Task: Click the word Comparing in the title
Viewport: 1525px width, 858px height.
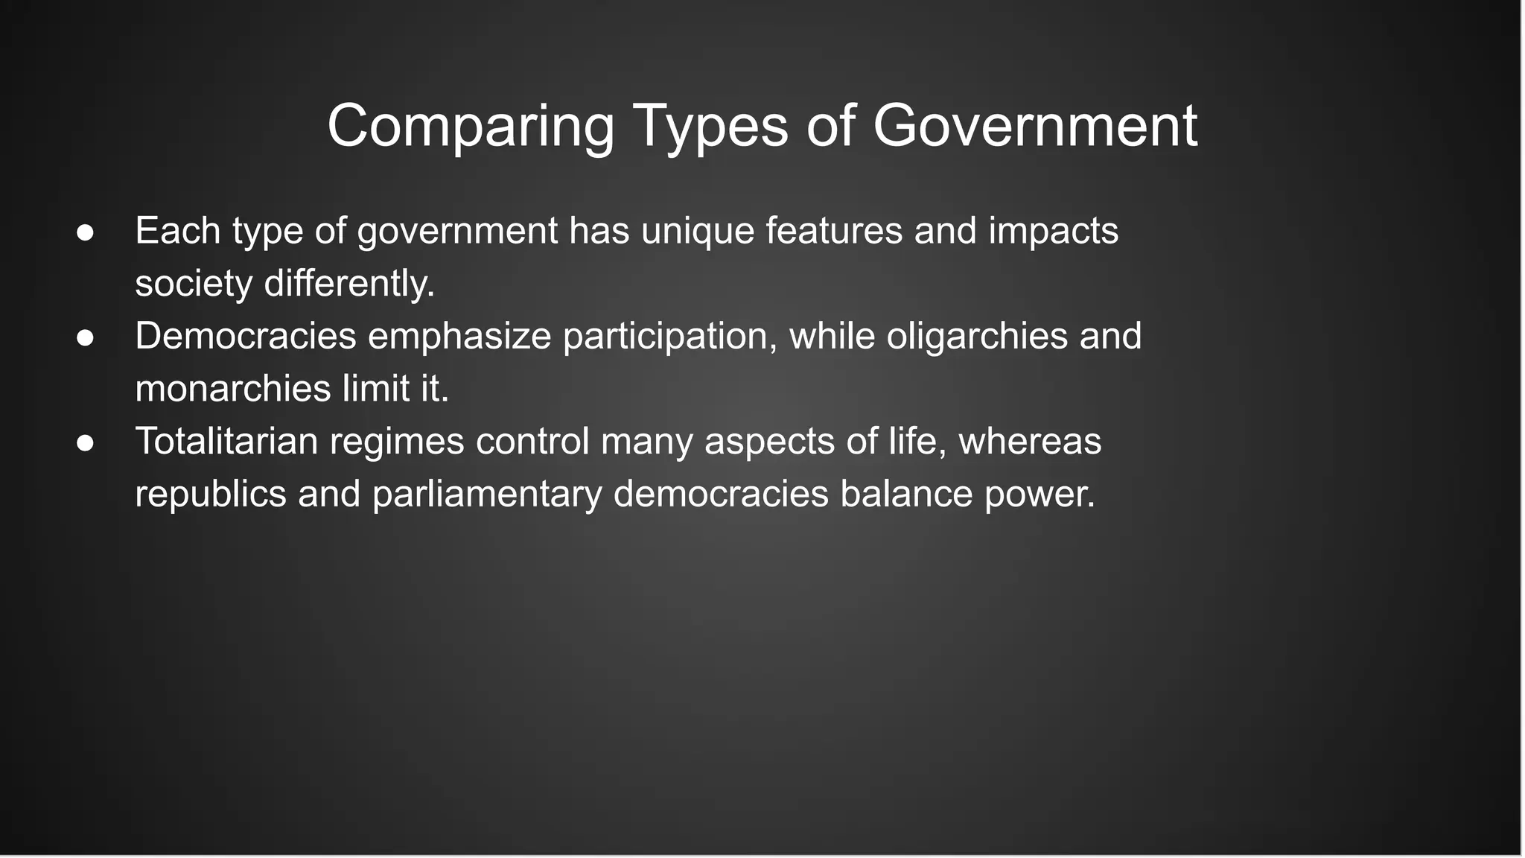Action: [471, 127]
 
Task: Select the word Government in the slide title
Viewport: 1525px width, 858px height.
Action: [1034, 127]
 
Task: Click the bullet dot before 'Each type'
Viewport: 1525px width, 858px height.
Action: [85, 232]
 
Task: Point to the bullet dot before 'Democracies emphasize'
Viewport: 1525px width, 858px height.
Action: [85, 337]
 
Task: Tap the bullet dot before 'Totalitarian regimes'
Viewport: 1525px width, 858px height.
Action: [85, 442]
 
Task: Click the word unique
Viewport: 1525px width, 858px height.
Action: [697, 231]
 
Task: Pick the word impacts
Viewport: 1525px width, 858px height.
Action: [1053, 231]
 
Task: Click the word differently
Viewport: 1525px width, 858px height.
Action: [349, 284]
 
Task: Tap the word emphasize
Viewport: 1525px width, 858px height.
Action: [459, 337]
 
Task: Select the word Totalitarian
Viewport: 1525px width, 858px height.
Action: [226, 441]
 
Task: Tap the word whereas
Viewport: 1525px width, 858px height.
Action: [1030, 441]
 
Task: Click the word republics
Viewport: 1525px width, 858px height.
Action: [211, 494]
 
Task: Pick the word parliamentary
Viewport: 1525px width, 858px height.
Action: [486, 495]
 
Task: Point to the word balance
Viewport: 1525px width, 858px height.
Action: [906, 494]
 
